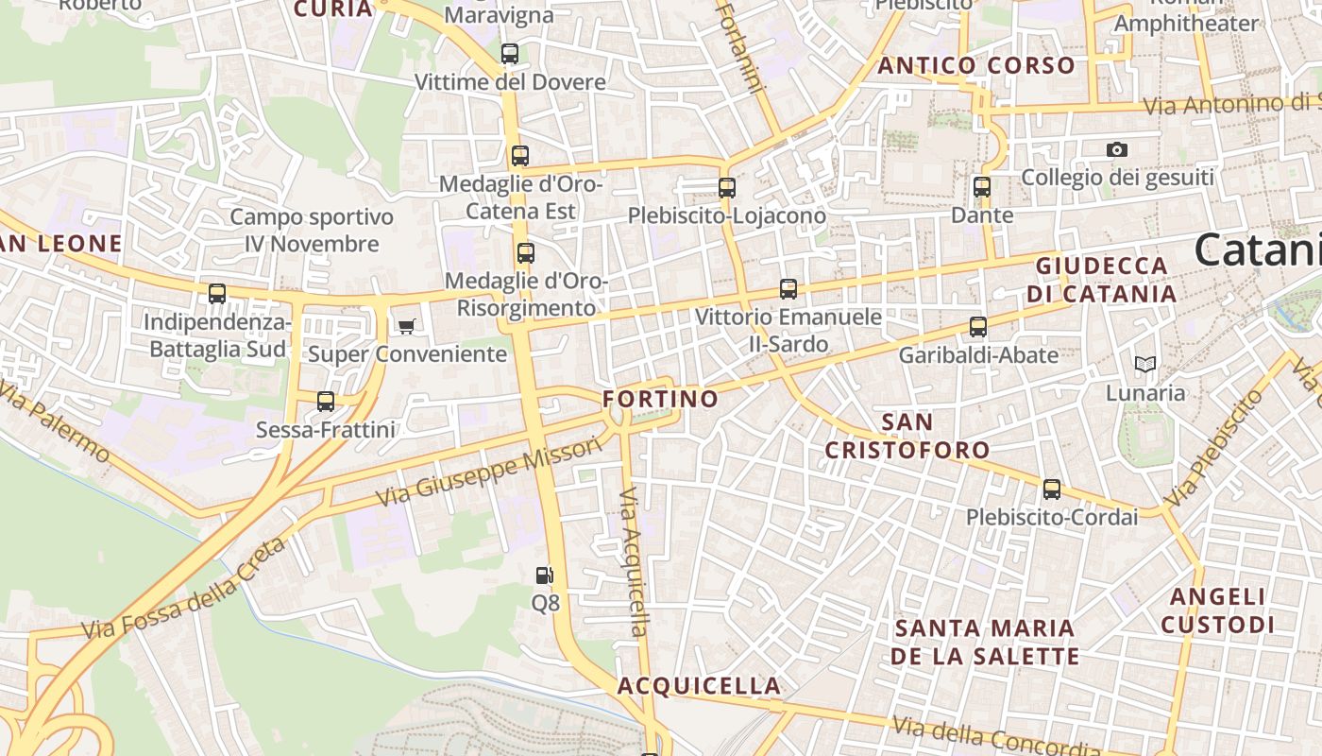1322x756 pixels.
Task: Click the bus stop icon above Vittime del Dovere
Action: (510, 54)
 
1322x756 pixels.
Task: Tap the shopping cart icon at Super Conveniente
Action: (406, 327)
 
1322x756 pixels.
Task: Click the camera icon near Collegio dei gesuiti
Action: (1117, 150)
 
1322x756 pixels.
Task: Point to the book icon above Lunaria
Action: (1145, 365)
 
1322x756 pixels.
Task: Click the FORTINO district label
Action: (661, 399)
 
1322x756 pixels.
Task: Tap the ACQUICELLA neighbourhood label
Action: (700, 686)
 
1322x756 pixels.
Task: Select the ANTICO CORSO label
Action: (976, 66)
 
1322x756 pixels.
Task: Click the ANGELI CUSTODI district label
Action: (1218, 610)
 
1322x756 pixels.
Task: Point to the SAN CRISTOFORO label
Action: (907, 436)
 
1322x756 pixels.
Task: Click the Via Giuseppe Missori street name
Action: (488, 471)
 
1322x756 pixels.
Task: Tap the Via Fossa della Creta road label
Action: (183, 589)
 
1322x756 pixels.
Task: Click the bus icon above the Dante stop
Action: (982, 187)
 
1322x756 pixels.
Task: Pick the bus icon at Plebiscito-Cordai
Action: (1052, 490)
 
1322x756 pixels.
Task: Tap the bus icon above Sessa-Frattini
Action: (326, 402)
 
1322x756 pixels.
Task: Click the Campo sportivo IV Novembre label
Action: (312, 231)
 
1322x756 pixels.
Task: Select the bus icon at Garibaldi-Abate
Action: (978, 327)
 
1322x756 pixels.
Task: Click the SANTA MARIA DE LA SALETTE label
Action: (986, 642)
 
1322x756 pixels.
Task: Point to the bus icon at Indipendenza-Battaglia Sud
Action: (217, 294)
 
